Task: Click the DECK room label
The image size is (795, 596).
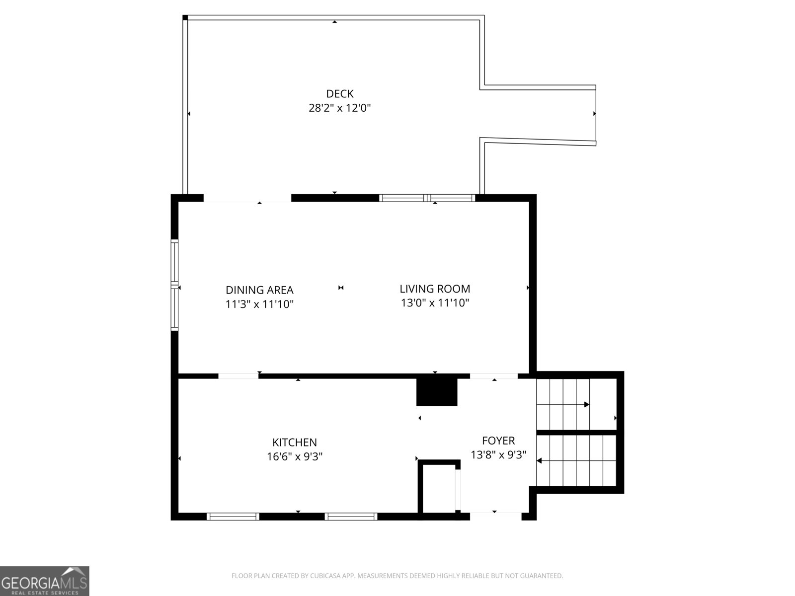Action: pyautogui.click(x=340, y=93)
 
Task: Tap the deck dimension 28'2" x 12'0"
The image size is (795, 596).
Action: pyautogui.click(x=340, y=108)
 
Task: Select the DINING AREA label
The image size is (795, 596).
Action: pyautogui.click(x=259, y=290)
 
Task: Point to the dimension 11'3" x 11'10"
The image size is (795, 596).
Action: pyautogui.click(x=259, y=304)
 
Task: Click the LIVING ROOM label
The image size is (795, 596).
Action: pyautogui.click(x=435, y=289)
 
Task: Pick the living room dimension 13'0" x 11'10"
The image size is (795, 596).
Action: pyautogui.click(x=435, y=302)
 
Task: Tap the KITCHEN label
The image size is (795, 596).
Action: pyautogui.click(x=294, y=442)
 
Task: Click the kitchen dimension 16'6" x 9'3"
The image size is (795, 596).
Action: pyautogui.click(x=294, y=456)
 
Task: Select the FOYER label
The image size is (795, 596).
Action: pyautogui.click(x=498, y=441)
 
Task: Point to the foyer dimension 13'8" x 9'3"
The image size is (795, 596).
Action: pyautogui.click(x=498, y=454)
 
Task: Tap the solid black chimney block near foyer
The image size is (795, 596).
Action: pyautogui.click(x=436, y=392)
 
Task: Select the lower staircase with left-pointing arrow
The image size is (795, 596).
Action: pyautogui.click(x=576, y=461)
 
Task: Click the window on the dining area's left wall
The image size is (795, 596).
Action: pyautogui.click(x=174, y=285)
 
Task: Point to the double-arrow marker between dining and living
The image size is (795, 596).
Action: pyautogui.click(x=341, y=288)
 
